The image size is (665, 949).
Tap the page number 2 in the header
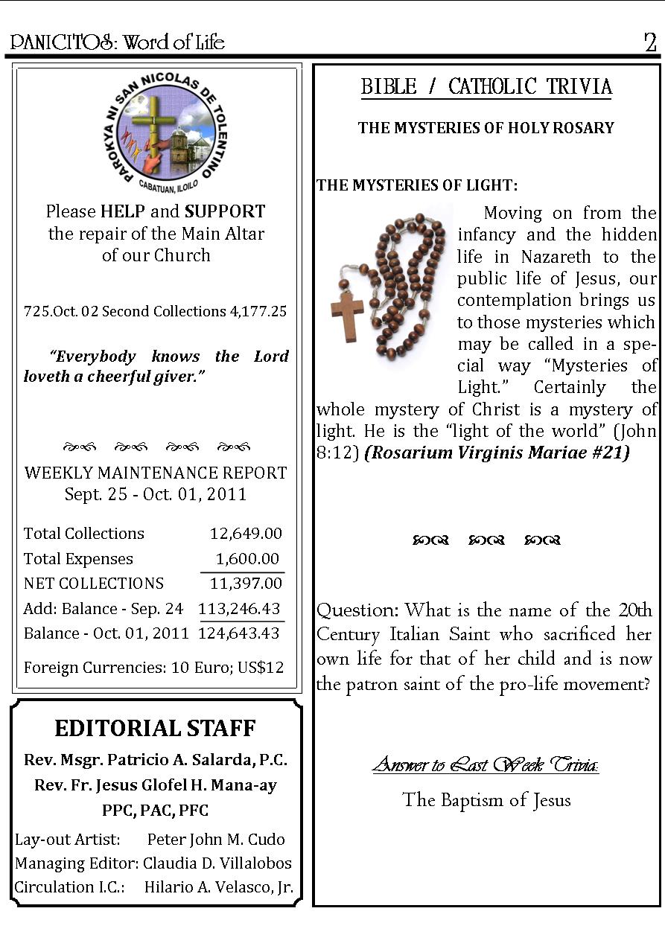tap(650, 43)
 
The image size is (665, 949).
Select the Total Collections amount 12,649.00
tap(246, 534)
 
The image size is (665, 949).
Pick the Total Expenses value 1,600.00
tap(247, 559)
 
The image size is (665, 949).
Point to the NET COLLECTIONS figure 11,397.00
tap(246, 584)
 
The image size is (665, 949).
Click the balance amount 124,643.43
tap(239, 633)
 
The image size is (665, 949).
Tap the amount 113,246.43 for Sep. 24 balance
tap(239, 609)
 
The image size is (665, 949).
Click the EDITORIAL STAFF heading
tap(155, 728)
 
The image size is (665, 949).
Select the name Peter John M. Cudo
tap(216, 840)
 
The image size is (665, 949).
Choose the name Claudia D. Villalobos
tap(217, 863)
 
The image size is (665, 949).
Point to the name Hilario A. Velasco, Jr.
tap(219, 887)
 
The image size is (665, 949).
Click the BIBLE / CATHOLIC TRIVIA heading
tap(486, 87)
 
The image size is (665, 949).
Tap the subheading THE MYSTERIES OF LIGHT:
tap(416, 185)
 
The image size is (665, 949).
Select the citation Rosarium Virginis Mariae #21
tap(497, 453)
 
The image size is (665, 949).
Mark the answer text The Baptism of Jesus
tap(486, 800)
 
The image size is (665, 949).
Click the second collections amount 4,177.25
tap(258, 311)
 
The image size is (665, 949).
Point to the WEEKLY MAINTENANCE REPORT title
tap(156, 473)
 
